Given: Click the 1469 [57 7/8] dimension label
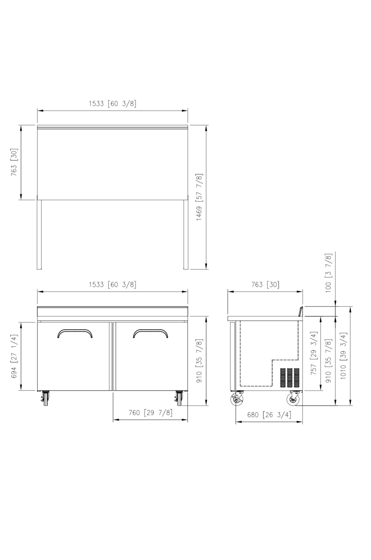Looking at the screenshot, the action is [x=199, y=197].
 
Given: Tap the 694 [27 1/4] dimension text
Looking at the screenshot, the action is [x=15, y=356].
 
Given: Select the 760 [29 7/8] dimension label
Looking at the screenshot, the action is [x=151, y=412].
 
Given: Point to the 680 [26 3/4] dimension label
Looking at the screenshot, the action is [x=269, y=415].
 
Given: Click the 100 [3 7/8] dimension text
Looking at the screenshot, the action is [x=328, y=273].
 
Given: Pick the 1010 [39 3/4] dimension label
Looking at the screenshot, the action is [x=343, y=356].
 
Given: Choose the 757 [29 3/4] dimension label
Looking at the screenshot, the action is [x=313, y=353].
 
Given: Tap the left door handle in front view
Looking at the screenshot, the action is [x=75, y=331].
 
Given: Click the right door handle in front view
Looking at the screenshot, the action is [x=151, y=331].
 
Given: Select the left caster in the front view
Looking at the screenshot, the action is [x=45, y=398].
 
